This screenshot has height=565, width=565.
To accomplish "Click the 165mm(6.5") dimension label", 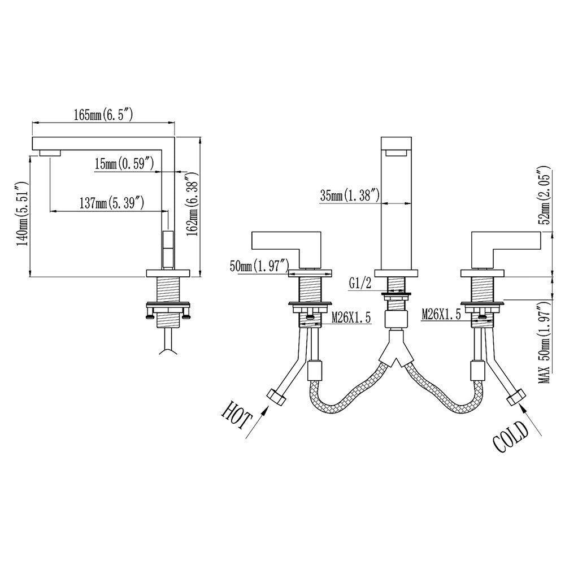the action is tap(104, 115).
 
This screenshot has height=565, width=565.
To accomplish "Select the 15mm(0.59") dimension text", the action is tap(124, 164).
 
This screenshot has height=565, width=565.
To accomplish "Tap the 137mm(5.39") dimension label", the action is tap(112, 203).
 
